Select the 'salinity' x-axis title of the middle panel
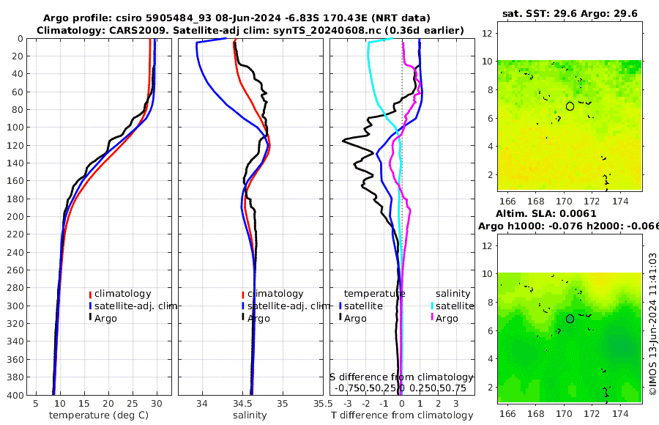tap(249, 415)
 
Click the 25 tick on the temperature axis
tap(133, 403)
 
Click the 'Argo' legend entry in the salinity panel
tap(258, 318)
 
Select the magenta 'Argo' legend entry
tap(446, 318)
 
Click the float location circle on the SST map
tap(570, 106)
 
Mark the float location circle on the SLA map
tap(570, 319)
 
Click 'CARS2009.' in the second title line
tap(130, 29)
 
